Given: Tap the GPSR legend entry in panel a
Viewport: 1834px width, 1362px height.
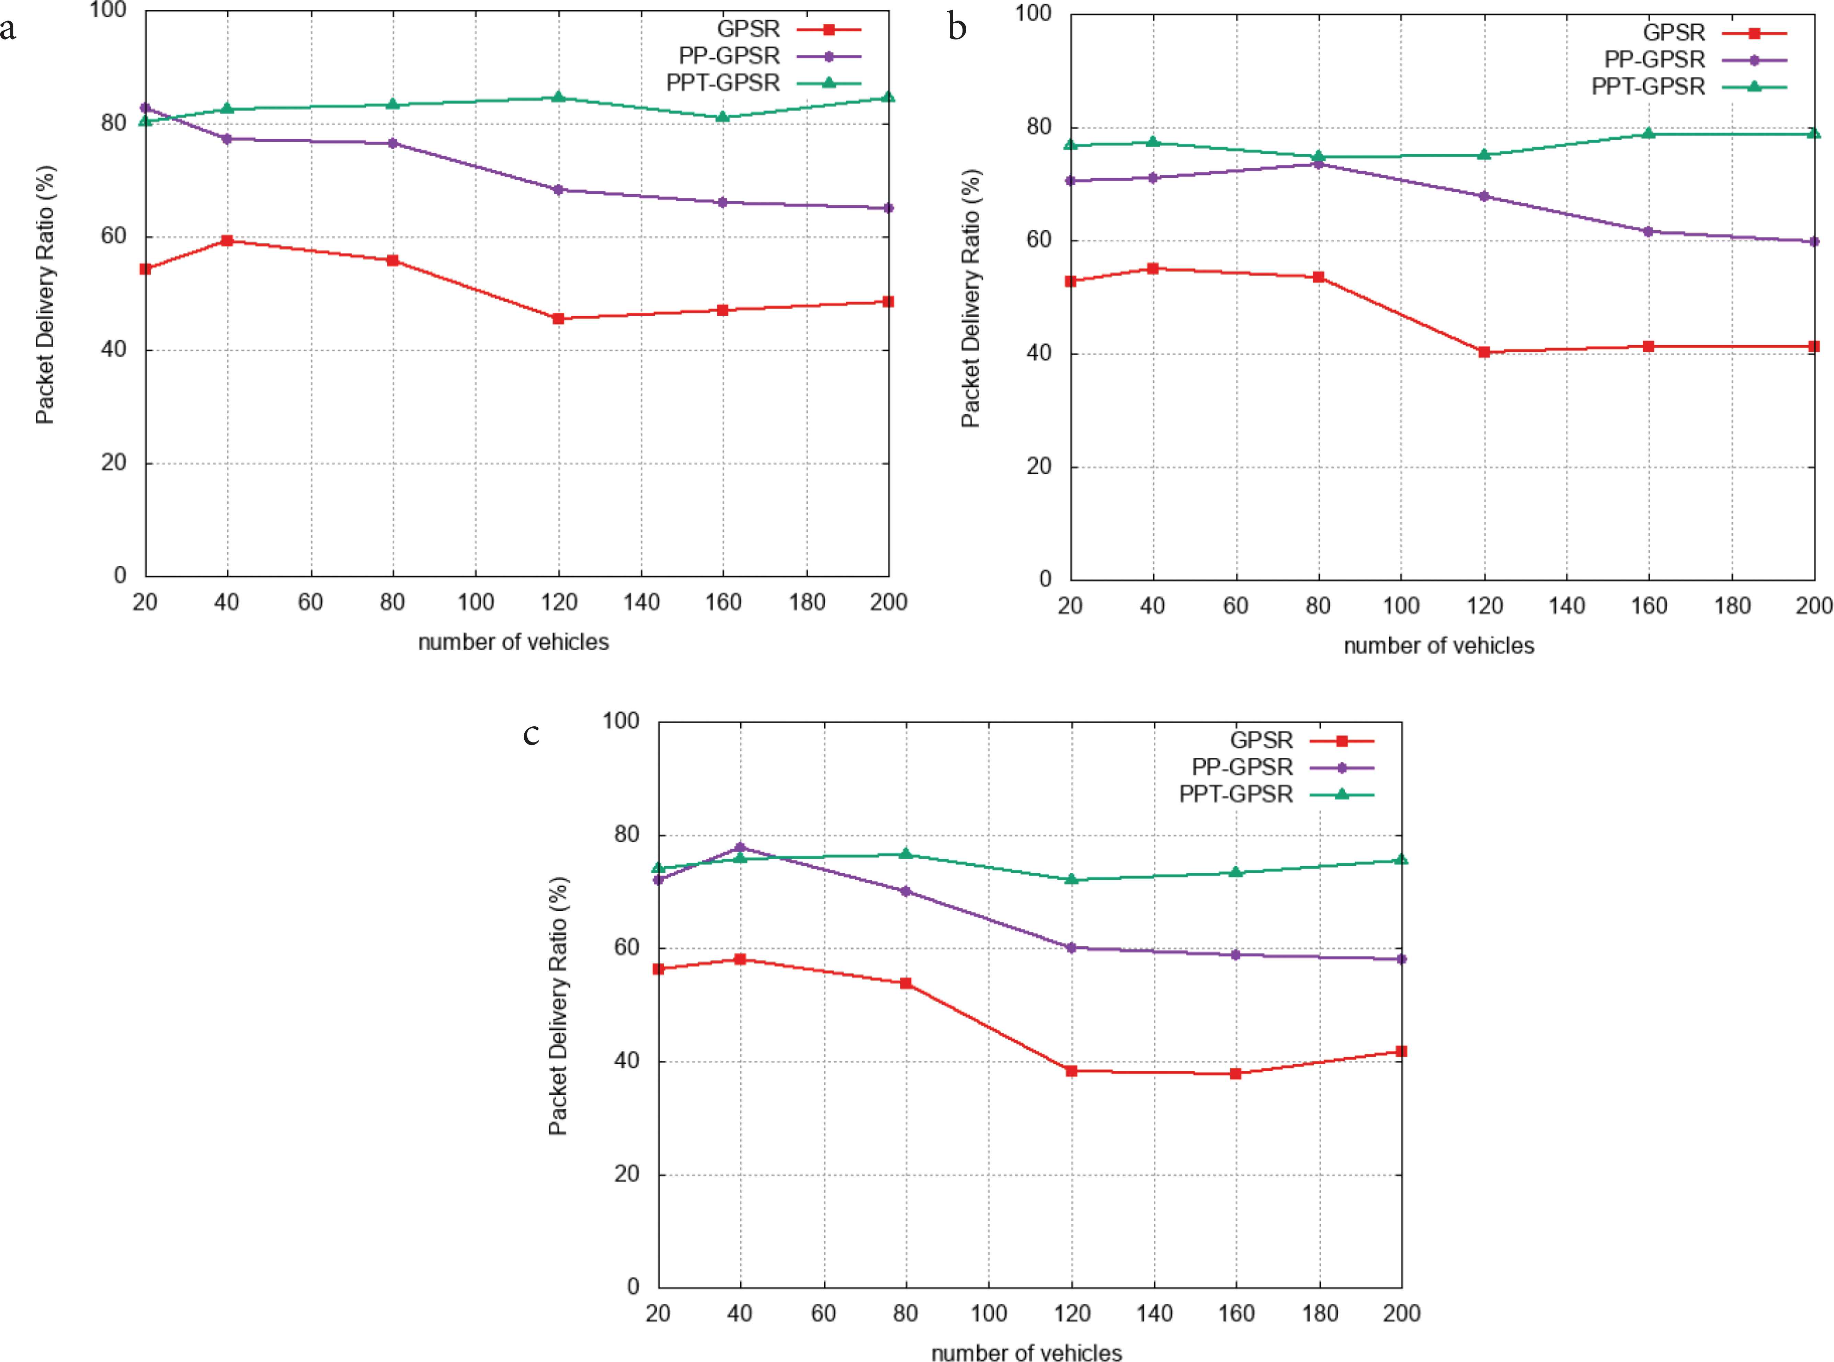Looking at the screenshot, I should pyautogui.click(x=748, y=29).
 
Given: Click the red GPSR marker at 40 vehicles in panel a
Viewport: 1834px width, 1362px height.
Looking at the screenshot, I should pyautogui.click(x=227, y=241).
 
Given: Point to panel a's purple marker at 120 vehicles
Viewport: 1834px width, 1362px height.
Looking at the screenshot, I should pyautogui.click(x=558, y=189).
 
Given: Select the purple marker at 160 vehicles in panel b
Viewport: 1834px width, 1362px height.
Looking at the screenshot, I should pyautogui.click(x=1649, y=232).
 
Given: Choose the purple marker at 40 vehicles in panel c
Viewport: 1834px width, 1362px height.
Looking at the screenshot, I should pyautogui.click(x=741, y=847).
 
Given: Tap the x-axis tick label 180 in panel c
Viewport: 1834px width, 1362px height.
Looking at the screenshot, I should pyautogui.click(x=1319, y=1313).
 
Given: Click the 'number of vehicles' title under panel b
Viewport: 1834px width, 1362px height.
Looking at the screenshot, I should pyautogui.click(x=1439, y=646).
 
